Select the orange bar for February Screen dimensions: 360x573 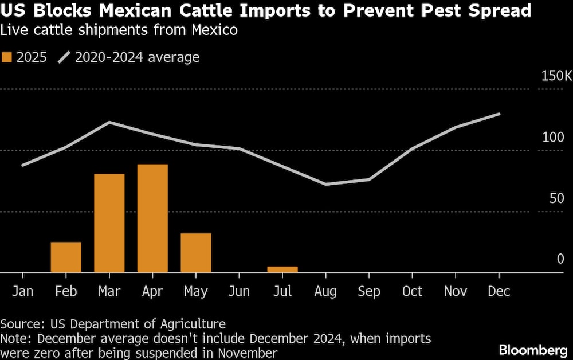66,257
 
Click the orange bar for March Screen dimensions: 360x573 109,223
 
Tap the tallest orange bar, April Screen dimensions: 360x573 152,218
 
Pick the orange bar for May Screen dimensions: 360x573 196,253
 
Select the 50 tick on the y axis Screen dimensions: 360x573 556,198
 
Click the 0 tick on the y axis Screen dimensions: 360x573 560,259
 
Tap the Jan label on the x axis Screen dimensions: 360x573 23,291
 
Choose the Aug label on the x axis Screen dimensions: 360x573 325,291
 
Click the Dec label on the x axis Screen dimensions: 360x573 499,291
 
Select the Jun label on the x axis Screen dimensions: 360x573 239,291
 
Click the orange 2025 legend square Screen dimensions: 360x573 7,57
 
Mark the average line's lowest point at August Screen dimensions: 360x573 326,184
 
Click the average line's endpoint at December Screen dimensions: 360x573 500,114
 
